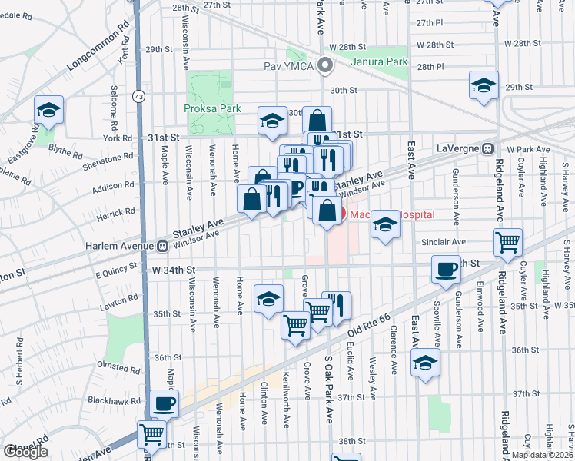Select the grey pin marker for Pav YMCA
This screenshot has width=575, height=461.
pos(325,65)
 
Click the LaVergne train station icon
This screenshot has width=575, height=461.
pos(487,148)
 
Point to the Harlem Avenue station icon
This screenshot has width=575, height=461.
pos(162,247)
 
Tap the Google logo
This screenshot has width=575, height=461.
pos(25,452)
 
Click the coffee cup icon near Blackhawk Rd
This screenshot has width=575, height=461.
pos(165,403)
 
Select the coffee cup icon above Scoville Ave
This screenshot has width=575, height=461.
pos(447,270)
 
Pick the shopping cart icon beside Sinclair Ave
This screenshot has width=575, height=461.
pos(508,242)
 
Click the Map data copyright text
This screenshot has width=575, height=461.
pos(543,455)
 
